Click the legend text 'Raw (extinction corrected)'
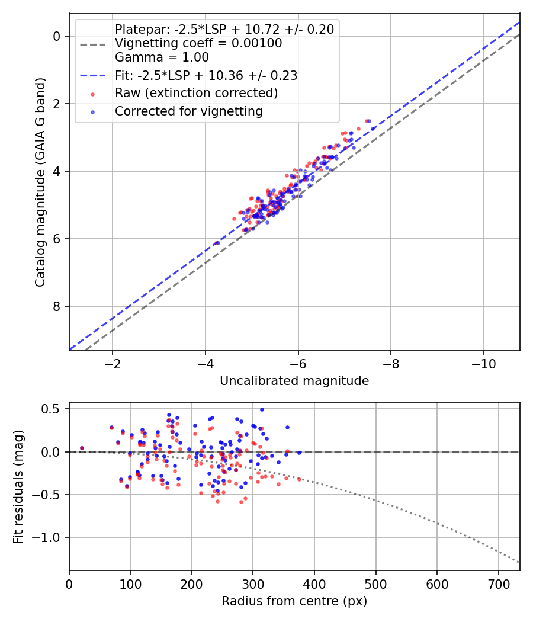(196, 93)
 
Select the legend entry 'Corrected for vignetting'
(189, 111)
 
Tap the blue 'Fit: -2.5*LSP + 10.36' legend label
(206, 75)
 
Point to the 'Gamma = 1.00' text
(162, 57)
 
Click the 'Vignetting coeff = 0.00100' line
(198, 43)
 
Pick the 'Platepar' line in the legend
(224, 29)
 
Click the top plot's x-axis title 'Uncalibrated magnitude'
(294, 380)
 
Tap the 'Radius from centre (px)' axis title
(294, 601)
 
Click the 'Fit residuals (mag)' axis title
(18, 486)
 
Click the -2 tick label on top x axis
(113, 363)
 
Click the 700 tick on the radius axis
(498, 583)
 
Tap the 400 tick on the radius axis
(314, 583)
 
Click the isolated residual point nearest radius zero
(82, 448)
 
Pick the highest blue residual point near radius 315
(262, 409)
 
